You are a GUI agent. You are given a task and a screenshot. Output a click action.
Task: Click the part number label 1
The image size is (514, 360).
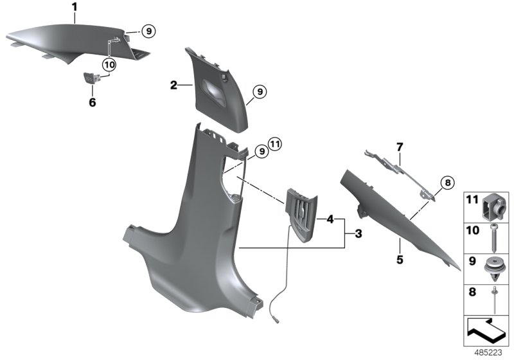coord(75,8)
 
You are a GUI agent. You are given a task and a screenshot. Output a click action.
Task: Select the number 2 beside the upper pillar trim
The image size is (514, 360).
coord(173,85)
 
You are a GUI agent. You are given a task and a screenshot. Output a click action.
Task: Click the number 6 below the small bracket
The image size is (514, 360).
coord(92,102)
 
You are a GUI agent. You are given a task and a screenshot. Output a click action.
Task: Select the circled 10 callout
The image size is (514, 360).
coord(109,64)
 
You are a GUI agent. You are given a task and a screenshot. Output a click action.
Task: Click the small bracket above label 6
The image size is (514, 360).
coord(92,78)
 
